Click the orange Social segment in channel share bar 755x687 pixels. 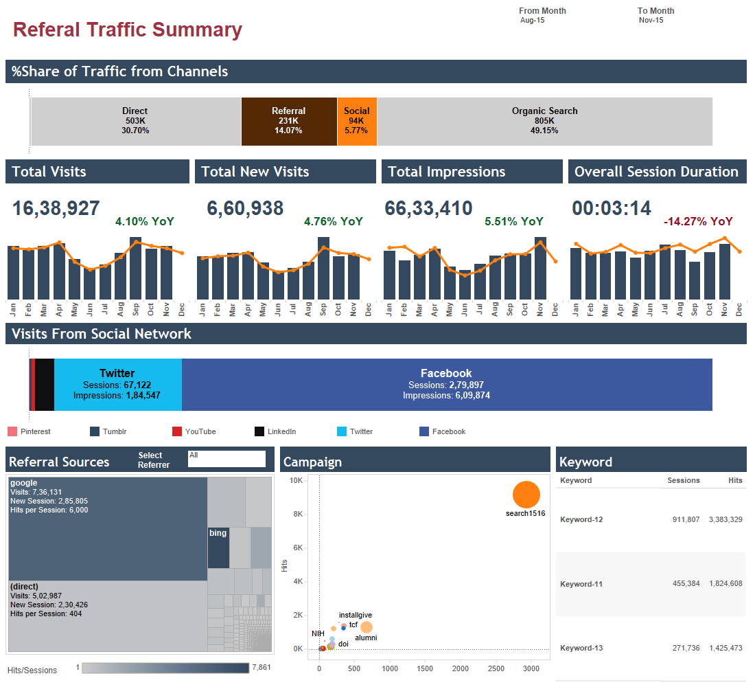click(x=357, y=121)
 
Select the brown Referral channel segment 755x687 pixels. click(x=289, y=121)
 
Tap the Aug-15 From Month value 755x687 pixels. click(x=533, y=21)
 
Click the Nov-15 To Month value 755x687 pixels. click(x=651, y=21)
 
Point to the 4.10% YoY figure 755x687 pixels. click(x=145, y=221)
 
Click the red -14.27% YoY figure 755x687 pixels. click(x=698, y=221)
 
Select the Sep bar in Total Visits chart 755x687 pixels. click(x=135, y=269)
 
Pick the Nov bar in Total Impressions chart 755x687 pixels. click(x=540, y=269)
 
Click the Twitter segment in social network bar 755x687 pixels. click(x=117, y=385)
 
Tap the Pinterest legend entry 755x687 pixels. click(x=35, y=431)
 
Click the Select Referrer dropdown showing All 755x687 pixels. click(x=226, y=459)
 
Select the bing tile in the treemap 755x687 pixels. click(x=218, y=548)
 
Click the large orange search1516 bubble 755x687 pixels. click(x=526, y=494)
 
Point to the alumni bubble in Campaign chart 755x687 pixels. click(x=367, y=627)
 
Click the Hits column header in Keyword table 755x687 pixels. click(x=735, y=480)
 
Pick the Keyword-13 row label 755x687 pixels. click(x=581, y=648)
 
